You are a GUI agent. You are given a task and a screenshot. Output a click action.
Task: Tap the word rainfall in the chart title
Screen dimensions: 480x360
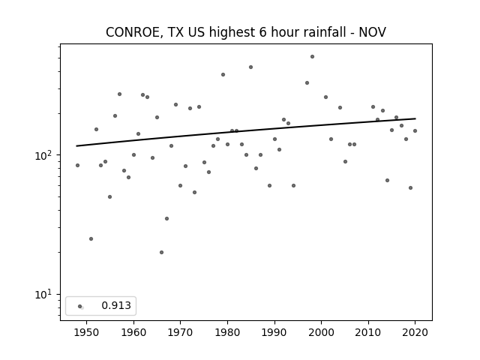pos(327,31)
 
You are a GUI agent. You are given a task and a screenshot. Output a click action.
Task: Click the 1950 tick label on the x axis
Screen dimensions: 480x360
pos(87,332)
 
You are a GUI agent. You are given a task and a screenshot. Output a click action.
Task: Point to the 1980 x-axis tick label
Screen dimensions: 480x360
pos(227,332)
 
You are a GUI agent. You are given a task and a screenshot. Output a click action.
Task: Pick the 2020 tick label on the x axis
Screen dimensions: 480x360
pos(415,332)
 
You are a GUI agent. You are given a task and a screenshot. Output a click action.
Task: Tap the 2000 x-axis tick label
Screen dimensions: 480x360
pos(321,332)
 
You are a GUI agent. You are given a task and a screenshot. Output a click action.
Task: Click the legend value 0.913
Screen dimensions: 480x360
pos(116,305)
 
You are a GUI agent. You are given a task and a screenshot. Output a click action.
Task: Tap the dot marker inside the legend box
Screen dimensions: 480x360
pos(80,306)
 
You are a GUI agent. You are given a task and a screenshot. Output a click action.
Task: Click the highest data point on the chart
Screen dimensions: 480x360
pos(312,57)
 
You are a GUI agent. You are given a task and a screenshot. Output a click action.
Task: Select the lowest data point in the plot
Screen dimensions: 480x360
pos(162,252)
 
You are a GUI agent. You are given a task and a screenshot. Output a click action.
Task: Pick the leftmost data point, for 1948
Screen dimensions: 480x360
pos(77,165)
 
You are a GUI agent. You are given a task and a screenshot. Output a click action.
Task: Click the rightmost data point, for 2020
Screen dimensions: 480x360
pos(415,130)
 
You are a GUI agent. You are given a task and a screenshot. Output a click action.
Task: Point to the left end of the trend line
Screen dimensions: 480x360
pos(76,146)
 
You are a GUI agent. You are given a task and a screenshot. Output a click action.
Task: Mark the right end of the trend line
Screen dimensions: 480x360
pos(415,118)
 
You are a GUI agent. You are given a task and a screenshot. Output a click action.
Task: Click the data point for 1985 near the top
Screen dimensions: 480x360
pos(250,67)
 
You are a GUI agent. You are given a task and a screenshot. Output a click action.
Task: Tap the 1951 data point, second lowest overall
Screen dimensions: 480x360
pos(91,238)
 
